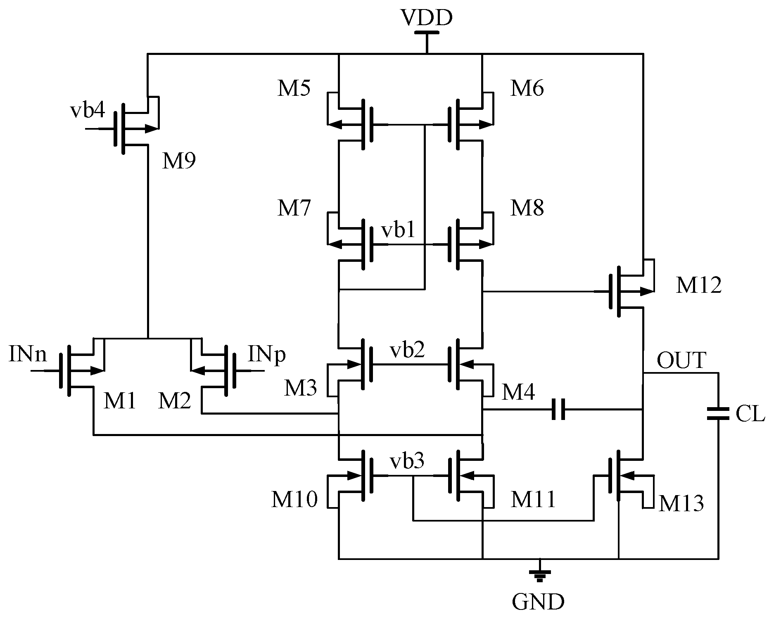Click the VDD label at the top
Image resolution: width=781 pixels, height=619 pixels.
pos(427,18)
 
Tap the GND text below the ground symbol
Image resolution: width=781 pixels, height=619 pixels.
pos(538,602)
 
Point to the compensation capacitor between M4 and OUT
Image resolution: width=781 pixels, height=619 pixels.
pos(558,409)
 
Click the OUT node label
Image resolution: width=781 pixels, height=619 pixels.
pos(681,361)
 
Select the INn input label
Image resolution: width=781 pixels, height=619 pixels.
pos(28,355)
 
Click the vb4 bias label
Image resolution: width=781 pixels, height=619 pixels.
pos(88,111)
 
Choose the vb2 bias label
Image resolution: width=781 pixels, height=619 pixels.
pos(407,350)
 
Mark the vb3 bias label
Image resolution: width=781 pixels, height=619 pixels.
pos(407,461)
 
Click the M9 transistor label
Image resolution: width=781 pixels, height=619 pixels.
pos(178,161)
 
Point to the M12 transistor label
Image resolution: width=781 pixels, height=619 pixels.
pos(698,285)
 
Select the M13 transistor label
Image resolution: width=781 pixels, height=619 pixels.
pos(681,503)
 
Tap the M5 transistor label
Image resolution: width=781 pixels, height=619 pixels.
pos(294,88)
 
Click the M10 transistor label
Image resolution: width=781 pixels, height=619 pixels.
pos(294,499)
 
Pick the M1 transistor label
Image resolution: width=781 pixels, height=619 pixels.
pos(119,401)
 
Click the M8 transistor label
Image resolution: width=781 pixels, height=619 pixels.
pos(527,208)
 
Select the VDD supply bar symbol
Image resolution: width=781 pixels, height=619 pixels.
pos(427,32)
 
